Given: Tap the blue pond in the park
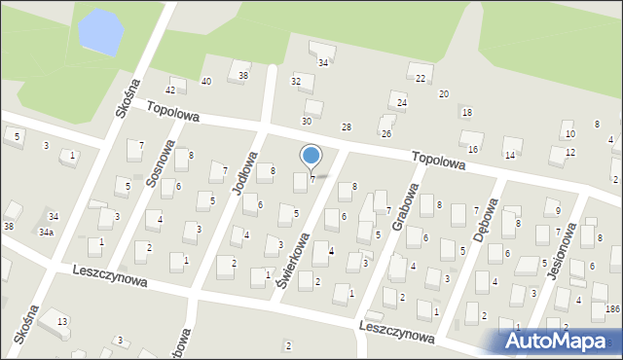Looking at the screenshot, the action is click(101, 31).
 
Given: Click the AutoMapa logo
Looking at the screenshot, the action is click(562, 341).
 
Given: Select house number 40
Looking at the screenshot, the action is click(205, 81).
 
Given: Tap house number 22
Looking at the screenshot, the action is click(421, 78).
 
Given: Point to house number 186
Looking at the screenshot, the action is click(612, 308).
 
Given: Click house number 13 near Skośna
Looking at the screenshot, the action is click(61, 321).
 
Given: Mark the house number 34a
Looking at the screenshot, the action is click(46, 233).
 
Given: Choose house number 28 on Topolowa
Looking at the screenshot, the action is click(346, 127).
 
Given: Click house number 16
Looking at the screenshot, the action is click(473, 149).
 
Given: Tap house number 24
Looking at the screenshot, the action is click(401, 102).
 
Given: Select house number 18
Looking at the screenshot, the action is click(467, 113).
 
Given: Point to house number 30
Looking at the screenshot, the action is click(307, 121).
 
